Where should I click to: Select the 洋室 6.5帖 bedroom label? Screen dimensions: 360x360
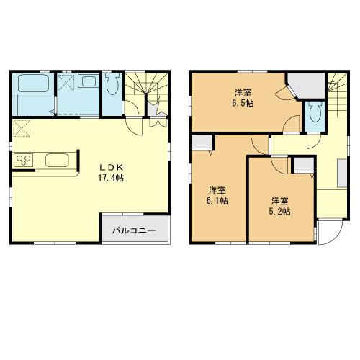(243, 97)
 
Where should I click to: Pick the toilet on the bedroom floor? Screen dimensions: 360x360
(313, 112)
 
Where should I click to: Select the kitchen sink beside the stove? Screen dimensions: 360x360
(55, 159)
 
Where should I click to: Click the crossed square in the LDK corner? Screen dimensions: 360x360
(21, 130)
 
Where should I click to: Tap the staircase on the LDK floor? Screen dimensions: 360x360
(144, 90)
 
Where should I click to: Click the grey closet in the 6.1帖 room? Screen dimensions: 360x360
(202, 143)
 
